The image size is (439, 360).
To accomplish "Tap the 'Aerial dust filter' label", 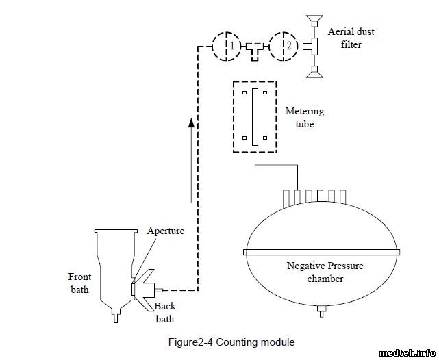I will (351, 38).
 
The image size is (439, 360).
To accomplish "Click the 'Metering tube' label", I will (305, 118).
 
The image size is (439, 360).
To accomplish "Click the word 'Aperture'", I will (166, 231).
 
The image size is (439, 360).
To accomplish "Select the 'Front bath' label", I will (79, 283).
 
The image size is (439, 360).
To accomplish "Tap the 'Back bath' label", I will (164, 312).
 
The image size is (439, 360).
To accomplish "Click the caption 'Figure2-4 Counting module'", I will (231, 341).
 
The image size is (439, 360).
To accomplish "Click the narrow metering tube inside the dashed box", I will (254, 117).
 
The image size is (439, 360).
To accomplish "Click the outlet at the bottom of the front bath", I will (116, 316).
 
